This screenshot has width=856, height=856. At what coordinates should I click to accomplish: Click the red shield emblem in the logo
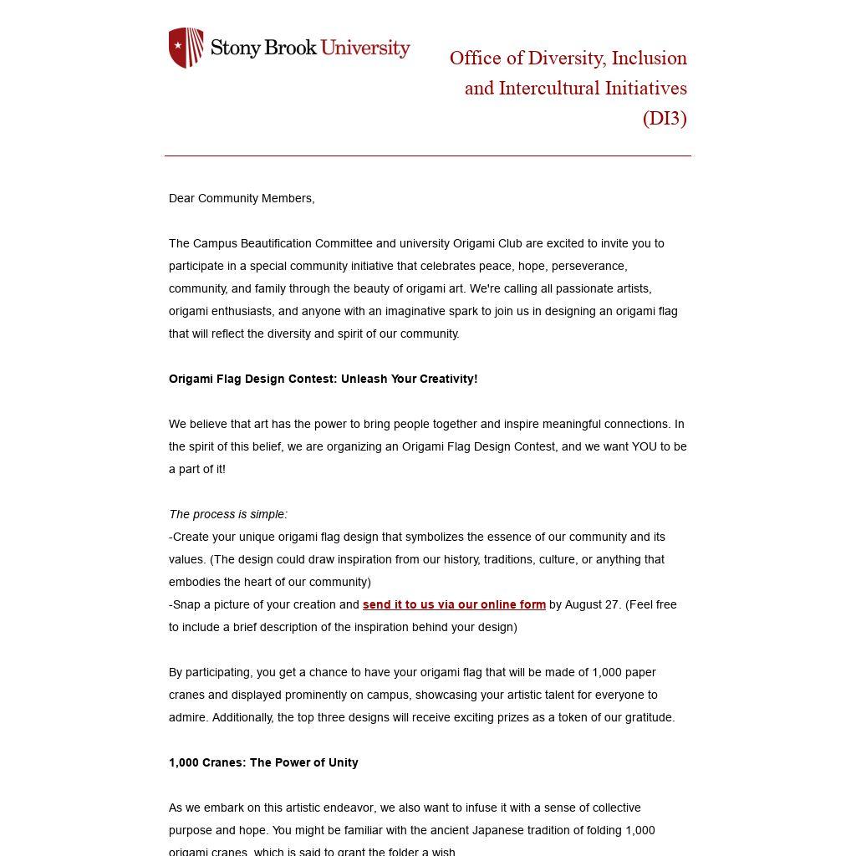(x=186, y=48)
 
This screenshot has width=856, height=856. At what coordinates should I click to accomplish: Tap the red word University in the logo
(x=365, y=48)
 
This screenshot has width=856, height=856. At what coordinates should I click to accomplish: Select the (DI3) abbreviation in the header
(x=665, y=118)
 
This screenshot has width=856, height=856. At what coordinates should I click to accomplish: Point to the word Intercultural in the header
(x=555, y=88)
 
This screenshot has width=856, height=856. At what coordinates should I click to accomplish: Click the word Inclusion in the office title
(x=649, y=58)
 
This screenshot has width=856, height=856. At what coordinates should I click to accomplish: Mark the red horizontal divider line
(x=428, y=155)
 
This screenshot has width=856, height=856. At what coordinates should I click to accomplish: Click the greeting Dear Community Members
(x=242, y=198)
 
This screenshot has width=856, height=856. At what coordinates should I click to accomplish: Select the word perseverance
(x=586, y=266)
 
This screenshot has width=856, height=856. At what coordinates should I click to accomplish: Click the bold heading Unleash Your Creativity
(x=409, y=379)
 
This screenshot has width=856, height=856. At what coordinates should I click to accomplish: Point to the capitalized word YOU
(x=645, y=446)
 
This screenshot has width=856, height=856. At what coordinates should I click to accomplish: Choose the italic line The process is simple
(x=228, y=514)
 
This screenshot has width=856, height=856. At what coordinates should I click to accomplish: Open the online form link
(x=454, y=604)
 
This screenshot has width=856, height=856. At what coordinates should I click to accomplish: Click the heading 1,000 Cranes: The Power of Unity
(x=263, y=762)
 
